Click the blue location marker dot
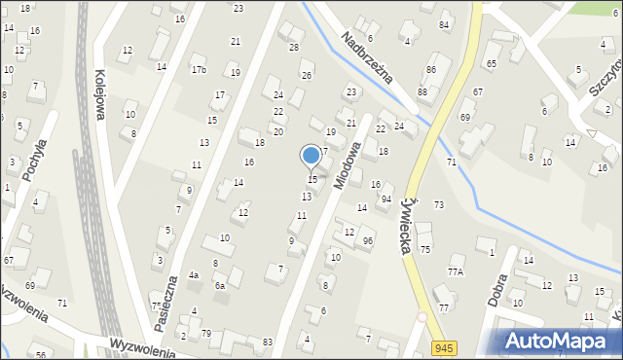[x=311, y=155]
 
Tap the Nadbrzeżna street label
[x=366, y=56]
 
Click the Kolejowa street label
[x=98, y=93]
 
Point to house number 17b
[x=199, y=70]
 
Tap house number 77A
[x=455, y=272]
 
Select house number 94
[x=386, y=198]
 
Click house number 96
[x=367, y=240]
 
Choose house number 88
[x=422, y=91]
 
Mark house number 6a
[x=220, y=285]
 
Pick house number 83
[x=268, y=342]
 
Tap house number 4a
[x=194, y=275]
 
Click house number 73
[x=439, y=204]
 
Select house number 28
[x=294, y=47]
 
